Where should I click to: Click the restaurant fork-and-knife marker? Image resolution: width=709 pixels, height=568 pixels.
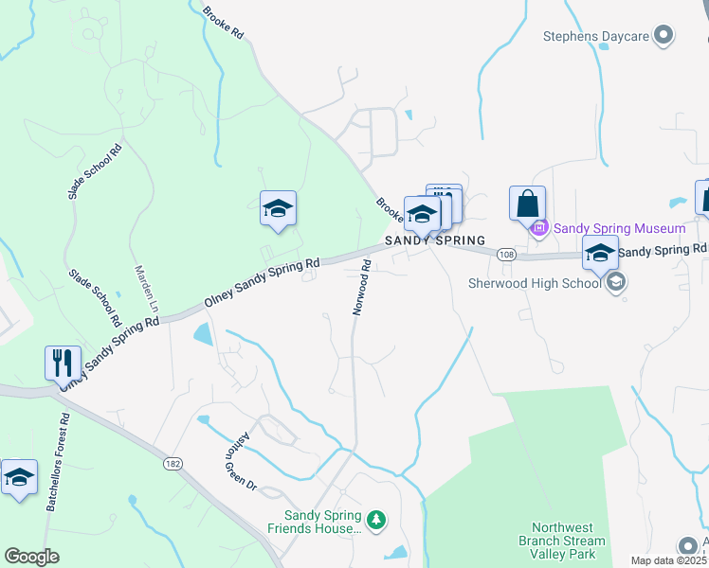(x=60, y=363)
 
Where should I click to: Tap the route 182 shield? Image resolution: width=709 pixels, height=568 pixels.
(x=185, y=461)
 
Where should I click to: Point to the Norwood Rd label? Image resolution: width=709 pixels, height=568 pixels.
(x=360, y=289)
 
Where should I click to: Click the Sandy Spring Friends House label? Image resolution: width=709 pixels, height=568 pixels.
(x=315, y=522)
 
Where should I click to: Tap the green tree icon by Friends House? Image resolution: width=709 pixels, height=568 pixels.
(x=377, y=520)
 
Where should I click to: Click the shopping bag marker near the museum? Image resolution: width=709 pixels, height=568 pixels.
(x=527, y=204)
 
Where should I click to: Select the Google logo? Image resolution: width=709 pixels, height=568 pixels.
(x=31, y=557)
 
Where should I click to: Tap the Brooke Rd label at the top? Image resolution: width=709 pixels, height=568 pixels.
(x=224, y=23)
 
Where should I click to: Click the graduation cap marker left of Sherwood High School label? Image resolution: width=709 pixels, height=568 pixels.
(x=600, y=254)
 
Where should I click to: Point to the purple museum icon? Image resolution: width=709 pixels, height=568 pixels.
(x=540, y=228)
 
